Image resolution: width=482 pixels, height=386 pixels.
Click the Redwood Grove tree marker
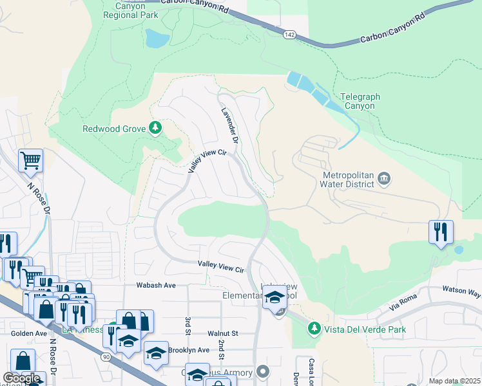(155, 129)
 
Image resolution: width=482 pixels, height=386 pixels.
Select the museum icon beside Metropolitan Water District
(383, 178)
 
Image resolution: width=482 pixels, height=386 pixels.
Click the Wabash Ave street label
(156, 285)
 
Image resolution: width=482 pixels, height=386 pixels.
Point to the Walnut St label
(222, 333)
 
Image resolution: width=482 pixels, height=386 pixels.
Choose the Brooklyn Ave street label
(189, 350)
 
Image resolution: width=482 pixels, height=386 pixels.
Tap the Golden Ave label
(28, 333)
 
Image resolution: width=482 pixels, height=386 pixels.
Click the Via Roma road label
(403, 303)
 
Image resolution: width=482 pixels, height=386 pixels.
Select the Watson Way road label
(464, 291)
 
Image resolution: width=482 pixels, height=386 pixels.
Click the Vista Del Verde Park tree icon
(314, 329)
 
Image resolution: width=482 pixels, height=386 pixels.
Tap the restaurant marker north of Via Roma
(441, 232)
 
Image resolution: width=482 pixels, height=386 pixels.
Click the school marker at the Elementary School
(275, 297)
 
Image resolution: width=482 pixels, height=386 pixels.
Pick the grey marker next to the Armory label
(263, 371)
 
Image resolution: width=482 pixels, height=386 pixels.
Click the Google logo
(21, 378)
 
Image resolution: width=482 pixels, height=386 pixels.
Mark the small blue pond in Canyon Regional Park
(156, 40)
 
